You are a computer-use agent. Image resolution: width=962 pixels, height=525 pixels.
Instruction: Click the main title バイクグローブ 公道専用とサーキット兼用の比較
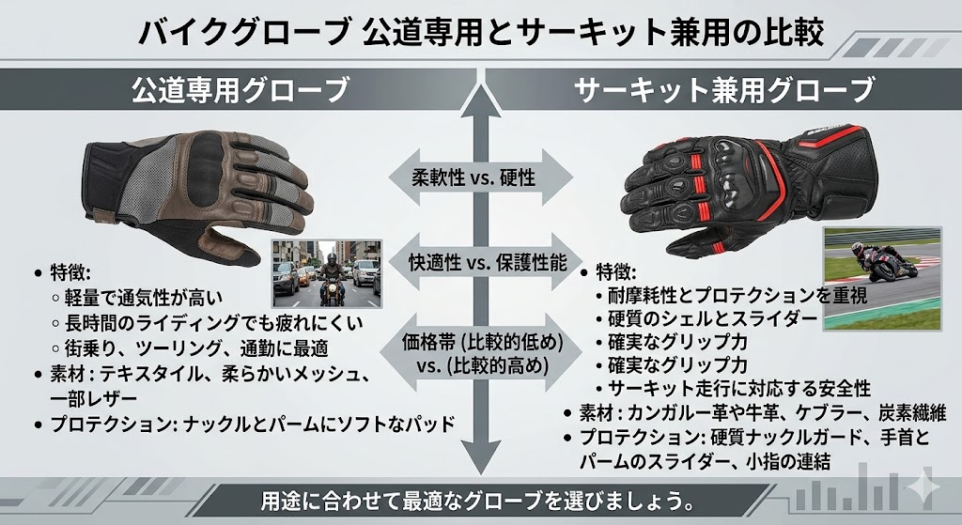pyautogui.click(x=480, y=33)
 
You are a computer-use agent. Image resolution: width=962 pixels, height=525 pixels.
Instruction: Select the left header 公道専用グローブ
pyautogui.click(x=240, y=90)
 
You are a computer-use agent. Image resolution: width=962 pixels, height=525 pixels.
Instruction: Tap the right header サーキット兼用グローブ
pyautogui.click(x=723, y=90)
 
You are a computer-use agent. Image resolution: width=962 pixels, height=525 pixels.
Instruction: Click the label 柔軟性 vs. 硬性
pyautogui.click(x=473, y=178)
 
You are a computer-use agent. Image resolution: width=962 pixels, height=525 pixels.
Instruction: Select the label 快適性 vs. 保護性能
pyautogui.click(x=488, y=263)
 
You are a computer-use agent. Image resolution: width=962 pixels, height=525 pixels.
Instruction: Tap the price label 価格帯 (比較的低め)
pyautogui.click(x=482, y=342)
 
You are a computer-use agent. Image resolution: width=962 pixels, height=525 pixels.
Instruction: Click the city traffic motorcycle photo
pyautogui.click(x=327, y=273)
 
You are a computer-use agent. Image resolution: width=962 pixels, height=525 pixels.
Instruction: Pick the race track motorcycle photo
pyautogui.click(x=882, y=280)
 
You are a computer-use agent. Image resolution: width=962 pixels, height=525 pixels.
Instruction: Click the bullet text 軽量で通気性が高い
pyautogui.click(x=144, y=298)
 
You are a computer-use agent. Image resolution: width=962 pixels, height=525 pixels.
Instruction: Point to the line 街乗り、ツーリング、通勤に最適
pyautogui.click(x=196, y=347)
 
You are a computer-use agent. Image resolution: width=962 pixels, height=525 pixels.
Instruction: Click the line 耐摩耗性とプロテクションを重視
pyautogui.click(x=737, y=296)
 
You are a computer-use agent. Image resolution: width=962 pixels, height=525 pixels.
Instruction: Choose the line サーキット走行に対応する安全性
pyautogui.click(x=739, y=389)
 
